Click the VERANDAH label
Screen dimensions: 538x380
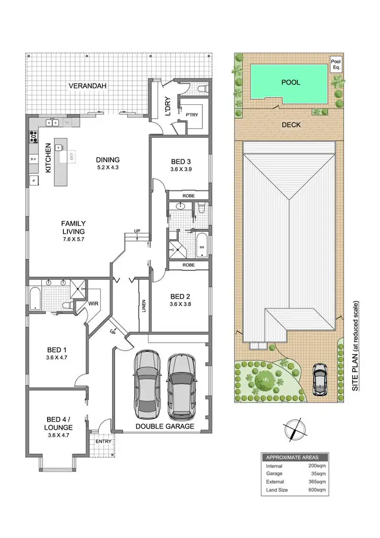pos(88,86)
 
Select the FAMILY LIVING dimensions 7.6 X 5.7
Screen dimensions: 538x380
pos(73,239)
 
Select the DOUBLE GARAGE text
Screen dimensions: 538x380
pos(165,427)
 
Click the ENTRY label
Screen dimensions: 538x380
pos(103,441)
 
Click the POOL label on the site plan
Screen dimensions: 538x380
pos(291,82)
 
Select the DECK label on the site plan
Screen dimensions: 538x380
pos(291,124)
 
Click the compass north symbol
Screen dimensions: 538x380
pos(293,431)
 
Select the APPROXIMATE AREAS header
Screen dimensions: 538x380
pos(294,455)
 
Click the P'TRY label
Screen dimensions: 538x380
pos(192,115)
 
